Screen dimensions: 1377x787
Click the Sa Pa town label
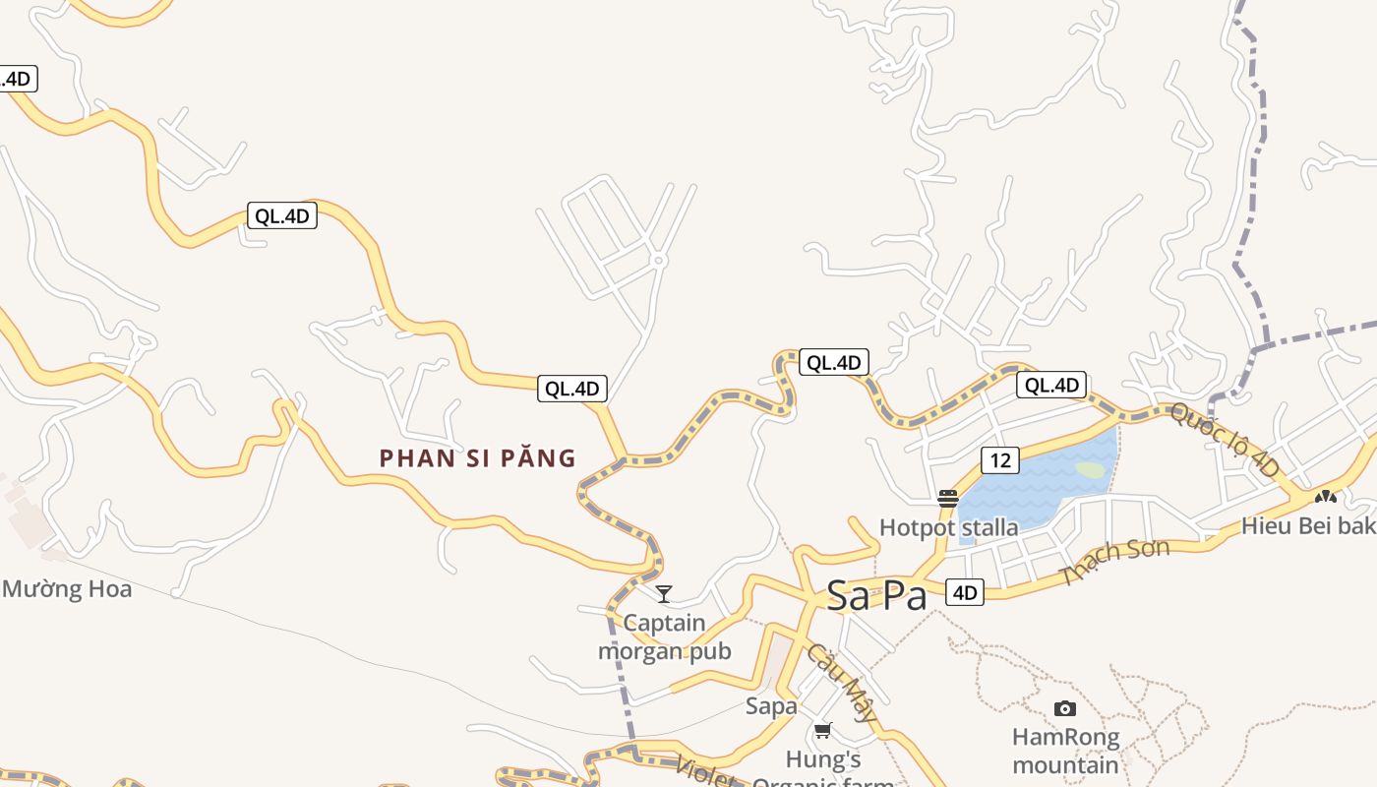pos(876,595)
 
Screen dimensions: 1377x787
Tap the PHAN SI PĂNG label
pos(478,458)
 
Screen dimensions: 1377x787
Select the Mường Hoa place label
pos(67,589)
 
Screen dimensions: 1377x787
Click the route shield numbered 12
pos(999,459)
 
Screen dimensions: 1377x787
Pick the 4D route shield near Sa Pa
pos(964,592)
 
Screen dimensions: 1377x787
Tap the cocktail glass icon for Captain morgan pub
pos(664,594)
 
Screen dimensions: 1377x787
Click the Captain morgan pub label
pos(665,636)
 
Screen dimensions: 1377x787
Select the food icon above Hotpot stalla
pos(947,499)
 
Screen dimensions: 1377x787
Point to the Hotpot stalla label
pos(948,527)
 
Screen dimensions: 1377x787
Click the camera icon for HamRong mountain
pos(1064,708)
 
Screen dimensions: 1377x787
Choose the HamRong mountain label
pos(1066,751)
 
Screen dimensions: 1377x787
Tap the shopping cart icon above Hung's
pos(823,730)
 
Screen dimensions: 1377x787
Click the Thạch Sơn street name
pos(1114,562)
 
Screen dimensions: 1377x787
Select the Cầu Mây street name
pos(841,683)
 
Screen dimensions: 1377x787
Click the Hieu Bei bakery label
pos(1308,525)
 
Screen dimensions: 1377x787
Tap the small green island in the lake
pos(1091,470)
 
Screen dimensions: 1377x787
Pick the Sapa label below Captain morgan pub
pos(771,705)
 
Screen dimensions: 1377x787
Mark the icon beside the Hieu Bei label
pos(1325,498)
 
